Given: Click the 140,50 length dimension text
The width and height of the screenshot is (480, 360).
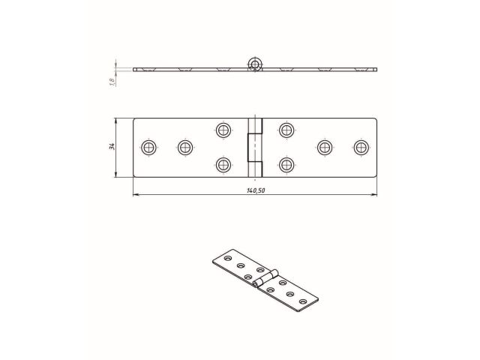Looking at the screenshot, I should tap(255, 190).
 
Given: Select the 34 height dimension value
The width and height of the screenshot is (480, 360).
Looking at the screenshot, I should tap(110, 147).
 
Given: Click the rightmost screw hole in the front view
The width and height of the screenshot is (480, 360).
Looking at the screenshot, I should tap(361, 147).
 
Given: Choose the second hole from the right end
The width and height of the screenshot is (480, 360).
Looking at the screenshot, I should tap(325, 147).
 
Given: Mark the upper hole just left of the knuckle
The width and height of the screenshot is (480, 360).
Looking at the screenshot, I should tap(223, 130).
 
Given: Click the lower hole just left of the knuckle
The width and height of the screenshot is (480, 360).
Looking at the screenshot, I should tap(223, 163).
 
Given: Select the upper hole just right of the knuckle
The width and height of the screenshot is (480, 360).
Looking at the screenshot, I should tap(286, 130).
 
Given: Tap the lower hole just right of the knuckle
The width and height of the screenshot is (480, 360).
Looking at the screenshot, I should tap(286, 163).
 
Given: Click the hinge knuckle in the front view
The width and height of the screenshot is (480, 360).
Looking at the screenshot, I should tap(256, 147).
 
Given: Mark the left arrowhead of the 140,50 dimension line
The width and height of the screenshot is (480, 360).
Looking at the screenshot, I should tap(135, 196).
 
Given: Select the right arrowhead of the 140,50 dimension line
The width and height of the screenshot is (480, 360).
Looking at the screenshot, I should tap(375, 196).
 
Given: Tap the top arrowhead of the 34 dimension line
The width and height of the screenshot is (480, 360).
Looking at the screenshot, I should tap(116, 120).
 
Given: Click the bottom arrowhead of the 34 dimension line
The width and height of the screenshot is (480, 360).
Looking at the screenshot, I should tap(116, 175).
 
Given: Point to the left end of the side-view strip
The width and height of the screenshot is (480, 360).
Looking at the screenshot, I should tap(135, 70).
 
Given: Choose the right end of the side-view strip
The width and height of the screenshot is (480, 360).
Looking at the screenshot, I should tap(375, 70).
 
